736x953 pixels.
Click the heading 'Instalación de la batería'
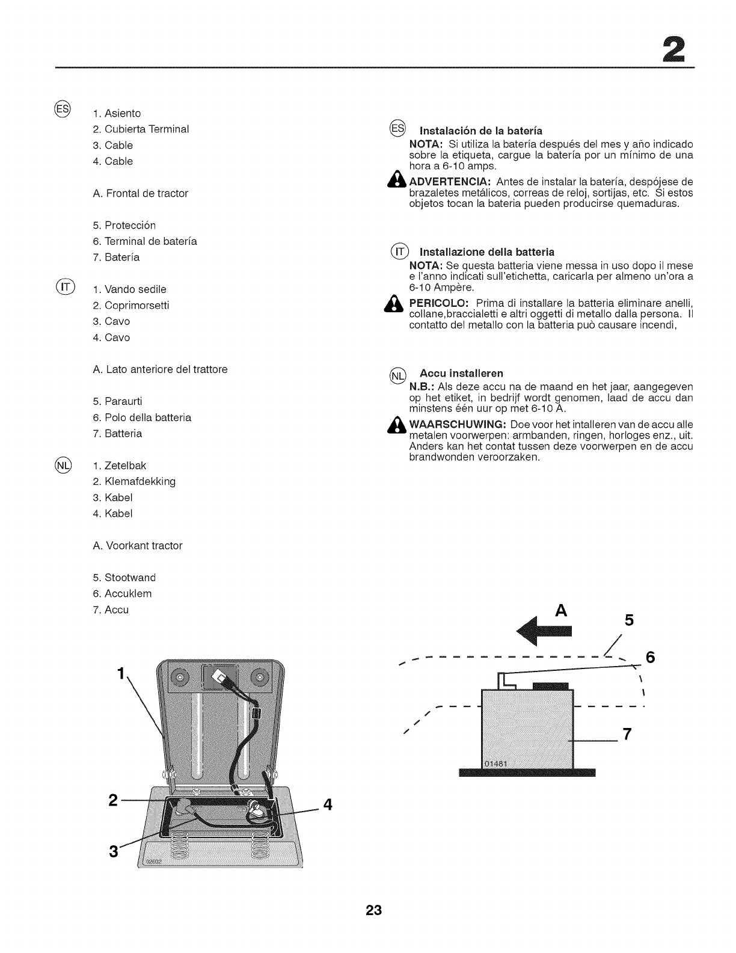tap(480, 131)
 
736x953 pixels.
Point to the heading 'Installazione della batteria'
tap(486, 251)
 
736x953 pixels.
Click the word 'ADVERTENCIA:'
tap(451, 182)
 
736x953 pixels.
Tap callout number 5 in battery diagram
tap(629, 620)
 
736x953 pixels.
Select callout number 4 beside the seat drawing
tap(328, 804)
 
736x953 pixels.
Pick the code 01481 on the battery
tap(496, 764)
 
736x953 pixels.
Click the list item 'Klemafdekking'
tap(140, 481)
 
